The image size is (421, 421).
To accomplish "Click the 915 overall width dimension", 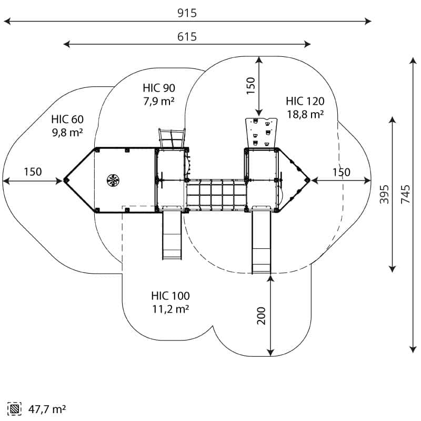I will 187,13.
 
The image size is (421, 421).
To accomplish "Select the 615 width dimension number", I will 187,36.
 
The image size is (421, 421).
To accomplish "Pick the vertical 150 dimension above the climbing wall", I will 250,86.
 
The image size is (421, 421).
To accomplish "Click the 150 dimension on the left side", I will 33,172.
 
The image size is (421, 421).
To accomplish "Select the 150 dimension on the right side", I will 341,172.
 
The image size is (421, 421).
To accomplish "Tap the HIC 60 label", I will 67,119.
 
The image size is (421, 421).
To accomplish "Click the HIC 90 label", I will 159,88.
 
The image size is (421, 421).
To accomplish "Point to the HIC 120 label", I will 305,101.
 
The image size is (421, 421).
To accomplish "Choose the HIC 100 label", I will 171,296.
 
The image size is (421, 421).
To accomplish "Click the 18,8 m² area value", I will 305,114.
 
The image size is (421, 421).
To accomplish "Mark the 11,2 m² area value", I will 171,309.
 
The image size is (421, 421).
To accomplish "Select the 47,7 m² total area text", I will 47,408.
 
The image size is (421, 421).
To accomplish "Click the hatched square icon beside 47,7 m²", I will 14,408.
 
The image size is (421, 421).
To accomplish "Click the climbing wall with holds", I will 262,132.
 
